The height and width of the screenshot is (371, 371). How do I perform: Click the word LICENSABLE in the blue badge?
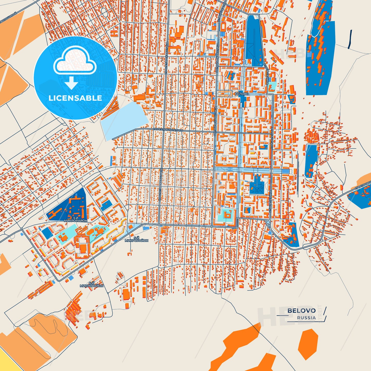[75, 98]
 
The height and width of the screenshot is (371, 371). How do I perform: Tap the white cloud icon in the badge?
[75, 61]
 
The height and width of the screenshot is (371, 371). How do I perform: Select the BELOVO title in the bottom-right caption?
[301, 311]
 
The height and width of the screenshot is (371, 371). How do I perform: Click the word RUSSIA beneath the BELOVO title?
[306, 318]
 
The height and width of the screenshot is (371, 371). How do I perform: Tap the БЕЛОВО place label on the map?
[242, 94]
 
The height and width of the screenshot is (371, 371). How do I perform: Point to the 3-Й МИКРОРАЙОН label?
[76, 219]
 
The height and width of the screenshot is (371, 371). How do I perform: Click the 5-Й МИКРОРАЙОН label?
[137, 239]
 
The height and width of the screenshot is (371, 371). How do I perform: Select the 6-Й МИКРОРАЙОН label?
[92, 284]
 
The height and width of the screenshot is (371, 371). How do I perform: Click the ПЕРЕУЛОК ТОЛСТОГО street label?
[168, 130]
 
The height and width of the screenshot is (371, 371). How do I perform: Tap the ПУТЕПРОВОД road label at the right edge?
[363, 186]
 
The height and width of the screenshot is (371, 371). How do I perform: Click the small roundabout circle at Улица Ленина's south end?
[268, 222]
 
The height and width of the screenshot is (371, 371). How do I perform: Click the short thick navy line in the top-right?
[350, 39]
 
